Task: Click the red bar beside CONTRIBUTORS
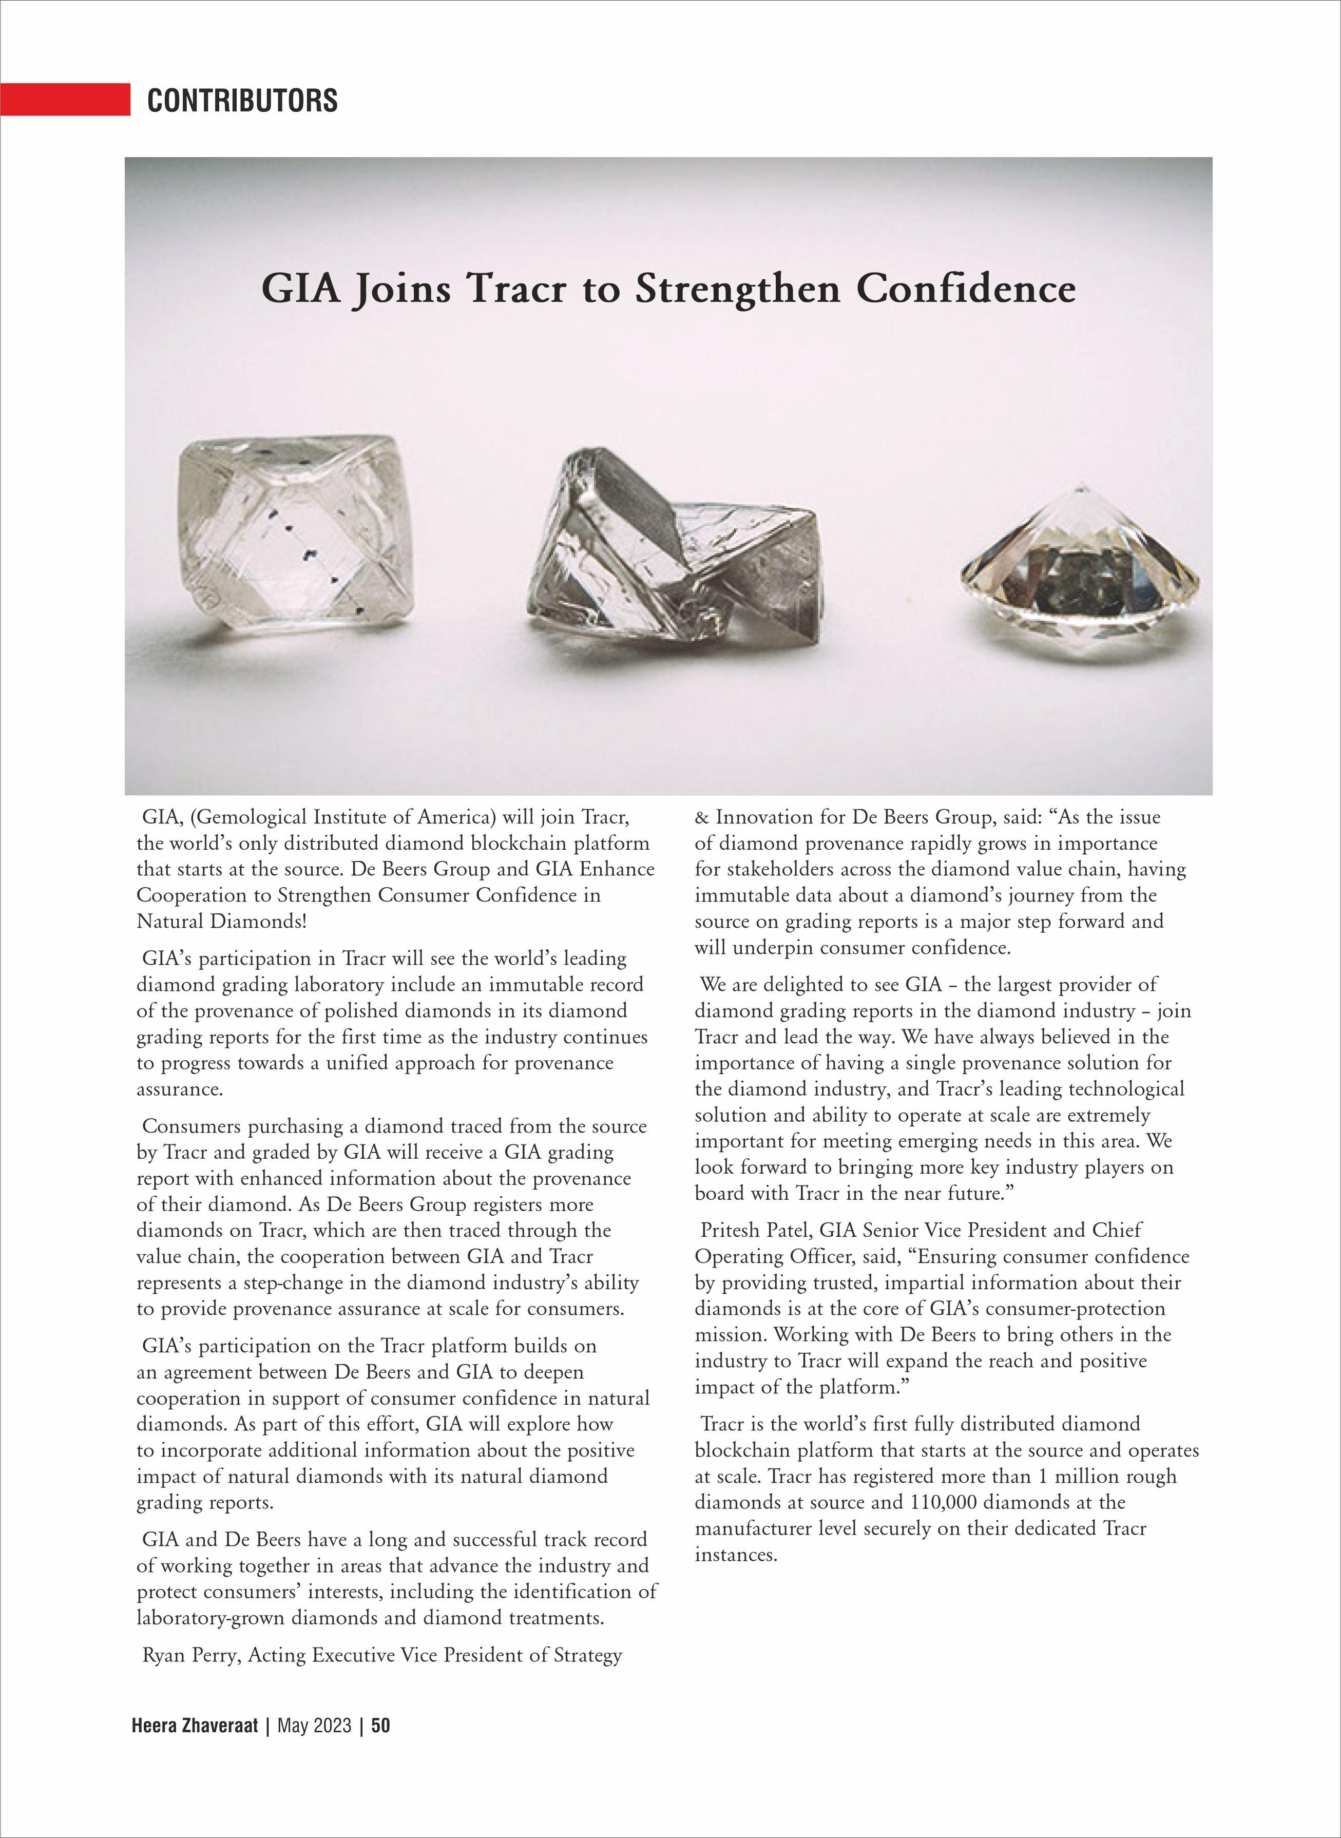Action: point(65,99)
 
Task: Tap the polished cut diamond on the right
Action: point(1080,568)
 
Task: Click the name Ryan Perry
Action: point(191,1655)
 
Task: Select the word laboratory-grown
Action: point(211,1617)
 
